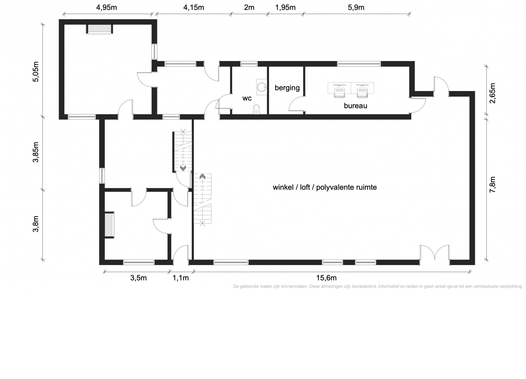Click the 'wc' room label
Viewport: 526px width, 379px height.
click(x=247, y=98)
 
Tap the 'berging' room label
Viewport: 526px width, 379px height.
click(x=287, y=88)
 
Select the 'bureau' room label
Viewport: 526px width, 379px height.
click(x=355, y=106)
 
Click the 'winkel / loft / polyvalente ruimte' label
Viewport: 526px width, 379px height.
click(x=325, y=187)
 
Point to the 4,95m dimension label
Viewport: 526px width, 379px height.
click(x=106, y=7)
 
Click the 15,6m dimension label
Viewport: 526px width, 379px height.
click(x=326, y=278)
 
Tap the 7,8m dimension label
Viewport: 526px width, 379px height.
click(x=492, y=185)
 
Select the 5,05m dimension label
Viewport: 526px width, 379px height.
click(x=36, y=72)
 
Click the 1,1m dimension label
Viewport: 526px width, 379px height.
click(x=181, y=278)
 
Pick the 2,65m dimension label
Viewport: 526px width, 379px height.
click(x=492, y=93)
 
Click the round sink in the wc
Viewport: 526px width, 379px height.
click(x=262, y=87)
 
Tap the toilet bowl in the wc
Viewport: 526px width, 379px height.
click(x=256, y=109)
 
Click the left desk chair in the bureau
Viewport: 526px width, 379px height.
click(x=339, y=93)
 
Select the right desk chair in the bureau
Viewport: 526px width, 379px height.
click(x=362, y=93)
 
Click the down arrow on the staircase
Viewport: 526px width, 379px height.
click(x=183, y=168)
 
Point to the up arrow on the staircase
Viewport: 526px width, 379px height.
click(x=202, y=176)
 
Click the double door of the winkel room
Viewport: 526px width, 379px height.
click(x=435, y=252)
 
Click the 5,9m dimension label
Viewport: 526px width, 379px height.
click(x=356, y=7)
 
